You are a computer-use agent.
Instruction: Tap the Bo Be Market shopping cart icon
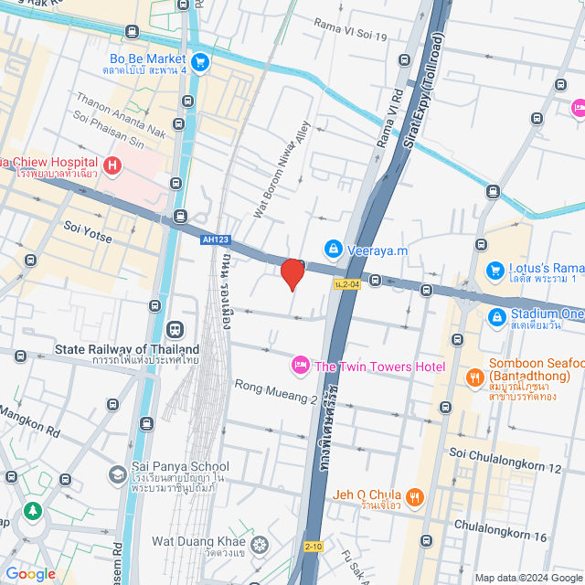tap(201, 62)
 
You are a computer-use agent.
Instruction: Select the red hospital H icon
tap(112, 165)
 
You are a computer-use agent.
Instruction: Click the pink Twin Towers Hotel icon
tap(300, 367)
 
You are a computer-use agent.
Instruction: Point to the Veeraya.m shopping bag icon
tap(335, 249)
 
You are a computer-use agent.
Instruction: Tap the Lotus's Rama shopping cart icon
tap(495, 270)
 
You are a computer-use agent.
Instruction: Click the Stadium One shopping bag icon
tap(495, 316)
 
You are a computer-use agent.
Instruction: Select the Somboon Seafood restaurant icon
tap(474, 377)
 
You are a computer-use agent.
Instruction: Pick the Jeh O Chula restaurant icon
tap(415, 497)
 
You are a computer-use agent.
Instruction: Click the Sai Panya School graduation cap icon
tap(117, 474)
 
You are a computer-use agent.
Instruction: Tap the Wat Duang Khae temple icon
tap(261, 546)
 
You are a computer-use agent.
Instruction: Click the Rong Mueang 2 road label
tap(276, 393)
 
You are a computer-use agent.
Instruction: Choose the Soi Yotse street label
tap(88, 238)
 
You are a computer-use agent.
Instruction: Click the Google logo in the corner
tap(30, 573)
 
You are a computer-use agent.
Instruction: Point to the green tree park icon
tap(34, 511)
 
